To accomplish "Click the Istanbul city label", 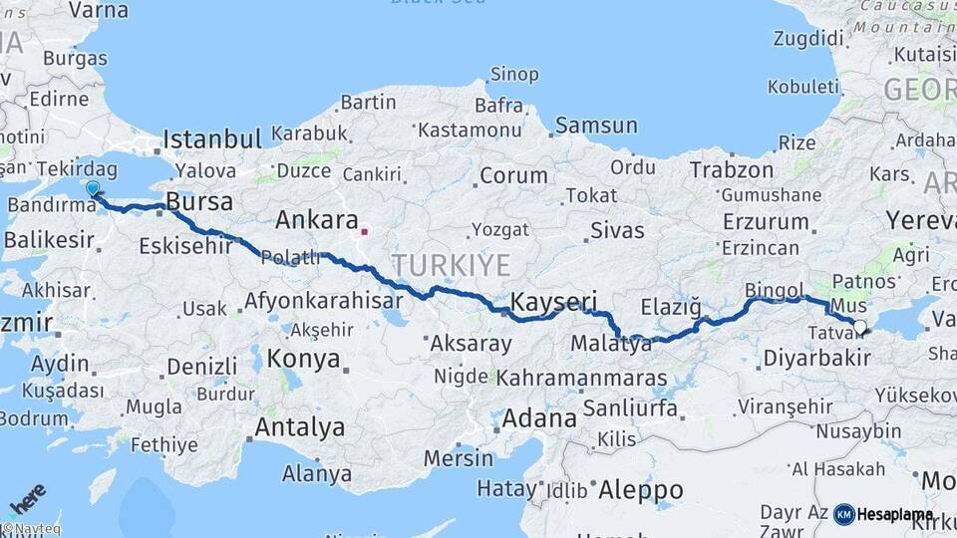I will coord(211,137).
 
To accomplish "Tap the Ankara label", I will coord(316,219).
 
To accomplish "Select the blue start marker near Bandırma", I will coord(93,187).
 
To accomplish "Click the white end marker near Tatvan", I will coord(859,325).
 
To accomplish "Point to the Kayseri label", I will coord(553,301).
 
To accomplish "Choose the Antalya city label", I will coord(300,427).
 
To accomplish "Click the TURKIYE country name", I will coord(450,265).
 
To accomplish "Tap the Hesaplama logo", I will coord(883,514).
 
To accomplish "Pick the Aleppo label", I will coord(640,490).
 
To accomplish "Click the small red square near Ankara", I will coord(365,232).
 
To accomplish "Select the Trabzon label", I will coord(731,169).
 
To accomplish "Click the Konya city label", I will coord(305,359).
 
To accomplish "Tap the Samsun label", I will coord(596,126).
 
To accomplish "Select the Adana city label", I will coord(538,417).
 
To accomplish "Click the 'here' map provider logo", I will coord(28,497).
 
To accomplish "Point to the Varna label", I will coord(97,10).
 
